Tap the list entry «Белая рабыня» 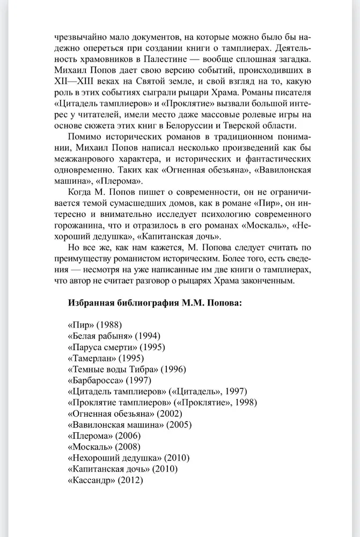[x=114, y=336]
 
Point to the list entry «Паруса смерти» [x=116, y=347]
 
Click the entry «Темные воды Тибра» [x=126, y=369]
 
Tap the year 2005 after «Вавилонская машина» [x=179, y=425]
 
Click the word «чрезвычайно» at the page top [x=77, y=37]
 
